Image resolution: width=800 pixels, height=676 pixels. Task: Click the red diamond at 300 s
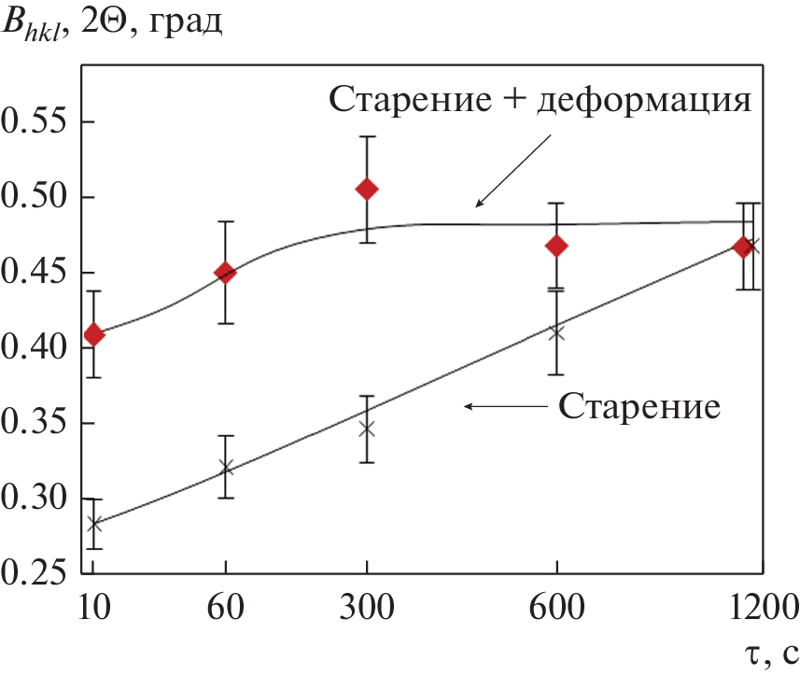[367, 190]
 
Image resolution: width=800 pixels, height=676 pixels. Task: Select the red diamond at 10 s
[93, 334]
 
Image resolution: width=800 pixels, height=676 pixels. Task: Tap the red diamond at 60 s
[225, 273]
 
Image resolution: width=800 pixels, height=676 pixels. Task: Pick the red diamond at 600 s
[557, 246]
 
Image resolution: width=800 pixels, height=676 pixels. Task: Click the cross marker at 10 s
[93, 524]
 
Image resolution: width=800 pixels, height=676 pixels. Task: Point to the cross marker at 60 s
[225, 468]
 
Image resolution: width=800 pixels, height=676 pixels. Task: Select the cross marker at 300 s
[367, 429]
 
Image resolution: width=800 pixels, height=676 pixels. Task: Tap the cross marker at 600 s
[557, 331]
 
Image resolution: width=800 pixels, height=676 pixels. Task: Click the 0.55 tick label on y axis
[35, 122]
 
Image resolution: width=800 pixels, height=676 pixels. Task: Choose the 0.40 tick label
[35, 348]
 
